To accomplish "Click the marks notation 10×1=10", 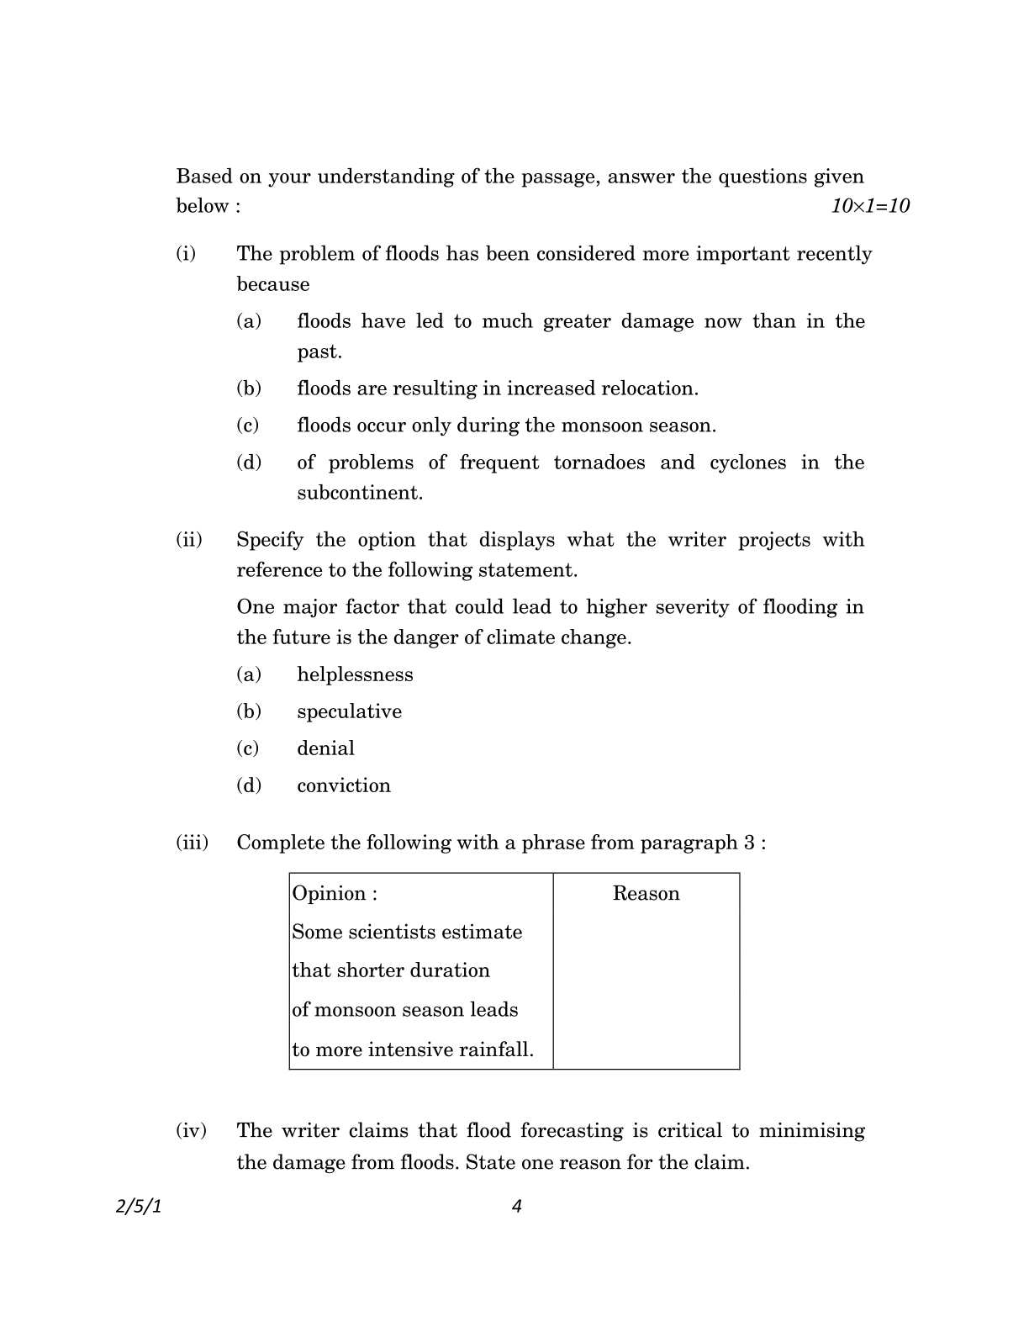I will [x=870, y=206].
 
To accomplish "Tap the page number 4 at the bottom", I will [x=516, y=1207].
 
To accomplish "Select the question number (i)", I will [x=186, y=254].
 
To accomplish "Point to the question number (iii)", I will [x=192, y=843].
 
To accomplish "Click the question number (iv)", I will [x=191, y=1131].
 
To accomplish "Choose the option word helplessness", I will [x=355, y=674].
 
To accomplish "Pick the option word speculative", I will [x=349, y=711].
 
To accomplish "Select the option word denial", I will [x=325, y=748].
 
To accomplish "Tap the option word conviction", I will [x=344, y=785].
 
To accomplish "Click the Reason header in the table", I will [x=646, y=893].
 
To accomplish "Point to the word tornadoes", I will [x=599, y=462].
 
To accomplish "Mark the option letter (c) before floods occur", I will [x=248, y=425].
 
